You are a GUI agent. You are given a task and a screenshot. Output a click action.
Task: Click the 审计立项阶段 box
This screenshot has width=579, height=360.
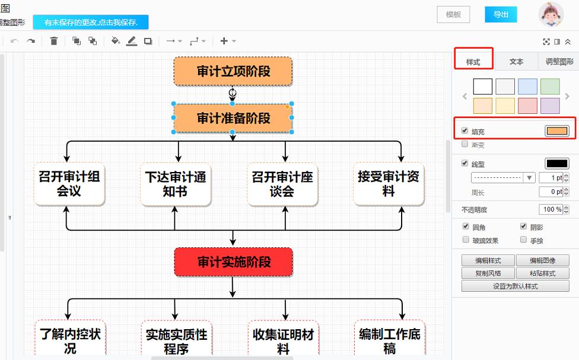(x=233, y=71)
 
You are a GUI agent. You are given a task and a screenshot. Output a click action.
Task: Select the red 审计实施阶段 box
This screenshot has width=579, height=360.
(x=233, y=262)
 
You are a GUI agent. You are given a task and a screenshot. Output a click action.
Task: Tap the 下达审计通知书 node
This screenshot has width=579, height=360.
(x=175, y=184)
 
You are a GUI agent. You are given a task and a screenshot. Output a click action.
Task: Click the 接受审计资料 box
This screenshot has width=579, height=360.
(x=389, y=184)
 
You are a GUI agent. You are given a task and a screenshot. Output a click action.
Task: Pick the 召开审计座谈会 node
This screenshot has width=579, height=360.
(x=282, y=184)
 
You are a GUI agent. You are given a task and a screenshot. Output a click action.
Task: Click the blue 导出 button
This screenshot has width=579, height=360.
(x=501, y=15)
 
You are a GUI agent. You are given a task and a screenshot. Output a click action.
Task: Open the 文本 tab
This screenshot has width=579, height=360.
(x=516, y=62)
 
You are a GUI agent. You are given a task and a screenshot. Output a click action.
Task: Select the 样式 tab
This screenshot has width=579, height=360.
(x=473, y=62)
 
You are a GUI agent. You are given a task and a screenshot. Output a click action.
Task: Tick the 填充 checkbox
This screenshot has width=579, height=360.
(x=465, y=130)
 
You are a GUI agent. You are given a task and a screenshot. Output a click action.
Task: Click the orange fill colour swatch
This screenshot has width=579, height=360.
(x=556, y=131)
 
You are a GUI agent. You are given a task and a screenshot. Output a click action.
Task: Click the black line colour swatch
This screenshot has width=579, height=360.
(x=556, y=164)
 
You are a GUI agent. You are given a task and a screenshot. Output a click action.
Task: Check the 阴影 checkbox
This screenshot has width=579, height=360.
(x=523, y=227)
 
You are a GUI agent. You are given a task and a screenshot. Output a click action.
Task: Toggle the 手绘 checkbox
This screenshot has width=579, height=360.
(x=523, y=240)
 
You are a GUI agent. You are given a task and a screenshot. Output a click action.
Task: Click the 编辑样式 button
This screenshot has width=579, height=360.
(x=488, y=260)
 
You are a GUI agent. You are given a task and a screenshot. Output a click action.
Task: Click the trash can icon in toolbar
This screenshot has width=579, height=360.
(x=54, y=41)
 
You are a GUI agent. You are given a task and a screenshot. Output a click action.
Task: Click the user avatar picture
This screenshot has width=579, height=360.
(x=551, y=15)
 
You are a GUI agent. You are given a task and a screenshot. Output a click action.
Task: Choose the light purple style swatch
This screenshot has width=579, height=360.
(x=550, y=106)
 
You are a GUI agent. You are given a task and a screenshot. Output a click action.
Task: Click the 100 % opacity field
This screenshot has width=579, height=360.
(x=551, y=209)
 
